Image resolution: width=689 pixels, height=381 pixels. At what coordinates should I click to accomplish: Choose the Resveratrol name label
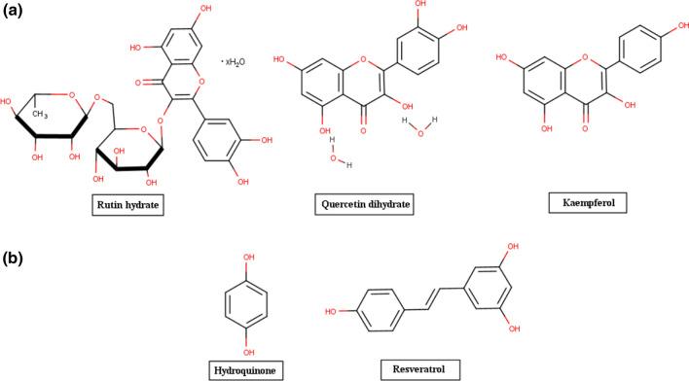click(414, 370)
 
